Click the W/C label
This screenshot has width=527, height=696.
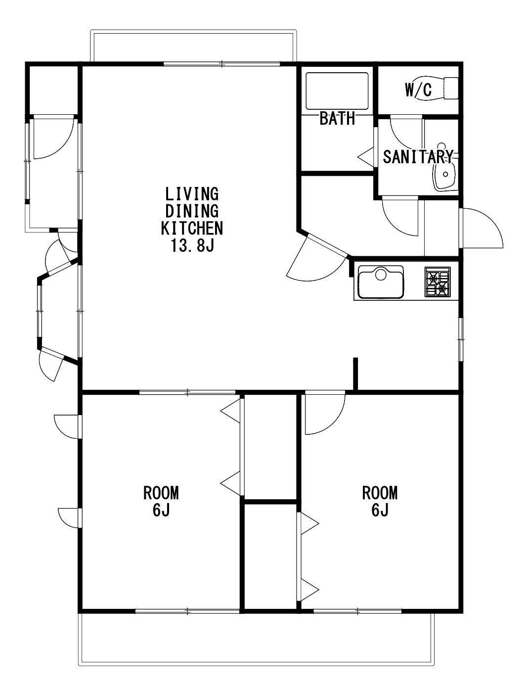click(x=418, y=90)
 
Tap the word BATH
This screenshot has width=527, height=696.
click(x=337, y=119)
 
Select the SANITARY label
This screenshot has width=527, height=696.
click(x=418, y=157)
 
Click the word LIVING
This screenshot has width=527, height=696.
click(x=192, y=194)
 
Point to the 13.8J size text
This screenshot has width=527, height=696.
click(x=192, y=245)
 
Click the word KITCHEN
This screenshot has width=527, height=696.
click(x=192, y=228)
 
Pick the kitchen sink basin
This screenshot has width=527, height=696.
click(x=380, y=282)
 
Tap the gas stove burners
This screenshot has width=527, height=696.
click(x=438, y=281)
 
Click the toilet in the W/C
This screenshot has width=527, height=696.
click(x=438, y=89)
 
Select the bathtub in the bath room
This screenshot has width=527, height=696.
click(x=337, y=91)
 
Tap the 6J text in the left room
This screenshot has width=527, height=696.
click(x=161, y=510)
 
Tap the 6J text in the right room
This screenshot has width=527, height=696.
click(x=380, y=510)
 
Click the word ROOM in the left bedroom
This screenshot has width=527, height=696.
click(x=161, y=493)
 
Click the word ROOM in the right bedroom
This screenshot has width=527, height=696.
click(x=380, y=493)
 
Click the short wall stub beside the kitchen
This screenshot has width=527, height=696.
click(x=355, y=373)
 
